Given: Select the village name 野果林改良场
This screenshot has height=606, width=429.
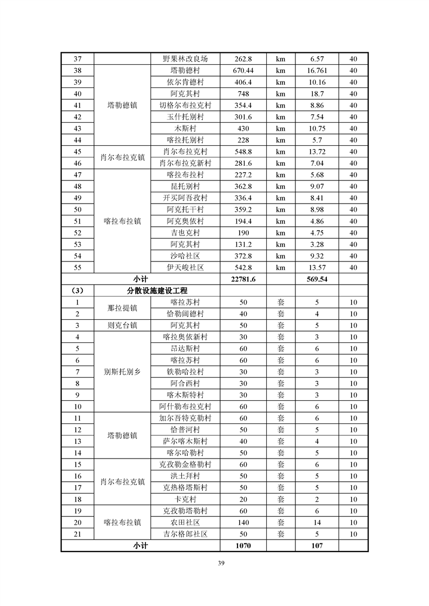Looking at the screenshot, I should [185, 59].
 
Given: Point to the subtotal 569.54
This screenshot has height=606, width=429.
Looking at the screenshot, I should [316, 279].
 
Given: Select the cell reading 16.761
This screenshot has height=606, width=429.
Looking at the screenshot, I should [316, 70].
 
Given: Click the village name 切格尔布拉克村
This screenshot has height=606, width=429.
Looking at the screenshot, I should [185, 105].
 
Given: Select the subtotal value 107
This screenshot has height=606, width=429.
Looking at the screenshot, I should [316, 546].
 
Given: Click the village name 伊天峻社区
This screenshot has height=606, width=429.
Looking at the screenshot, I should [185, 267].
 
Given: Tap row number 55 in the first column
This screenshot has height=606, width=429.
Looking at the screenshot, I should [77, 267].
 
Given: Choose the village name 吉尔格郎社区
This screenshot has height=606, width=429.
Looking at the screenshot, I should [185, 534].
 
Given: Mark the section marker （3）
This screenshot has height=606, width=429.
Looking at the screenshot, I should [77, 291].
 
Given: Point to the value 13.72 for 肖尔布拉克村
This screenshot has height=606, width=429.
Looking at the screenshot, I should [316, 152].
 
